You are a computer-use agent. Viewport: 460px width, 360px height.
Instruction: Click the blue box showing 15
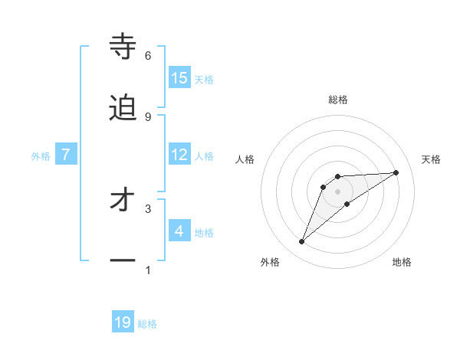coord(179,78)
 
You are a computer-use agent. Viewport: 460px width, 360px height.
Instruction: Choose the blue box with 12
coord(179,155)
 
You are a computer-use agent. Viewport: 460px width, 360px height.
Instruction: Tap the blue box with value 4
coord(179,231)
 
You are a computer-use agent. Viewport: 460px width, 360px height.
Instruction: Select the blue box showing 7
coord(66,155)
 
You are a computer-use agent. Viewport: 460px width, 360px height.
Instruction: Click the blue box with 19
coord(123,323)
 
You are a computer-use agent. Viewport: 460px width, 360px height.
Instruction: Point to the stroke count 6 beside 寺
coord(148,56)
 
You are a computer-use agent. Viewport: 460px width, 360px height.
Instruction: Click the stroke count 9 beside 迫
coord(148,116)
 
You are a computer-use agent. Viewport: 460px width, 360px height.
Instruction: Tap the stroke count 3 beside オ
coord(148,208)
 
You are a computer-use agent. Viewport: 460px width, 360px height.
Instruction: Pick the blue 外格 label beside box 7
coord(41,155)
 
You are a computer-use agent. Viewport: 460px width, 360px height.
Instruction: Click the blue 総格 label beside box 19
coord(147,324)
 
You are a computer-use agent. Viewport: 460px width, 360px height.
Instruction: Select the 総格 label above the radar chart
coord(338,100)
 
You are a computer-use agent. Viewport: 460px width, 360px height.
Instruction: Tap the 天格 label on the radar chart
coord(431,159)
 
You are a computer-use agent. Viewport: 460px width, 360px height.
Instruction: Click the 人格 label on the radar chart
coord(245,159)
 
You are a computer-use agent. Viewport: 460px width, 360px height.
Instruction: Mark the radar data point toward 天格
coord(396,172)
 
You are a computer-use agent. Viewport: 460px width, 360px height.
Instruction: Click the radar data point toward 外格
coord(302,242)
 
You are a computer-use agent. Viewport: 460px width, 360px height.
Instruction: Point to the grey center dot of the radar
coord(338,191)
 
